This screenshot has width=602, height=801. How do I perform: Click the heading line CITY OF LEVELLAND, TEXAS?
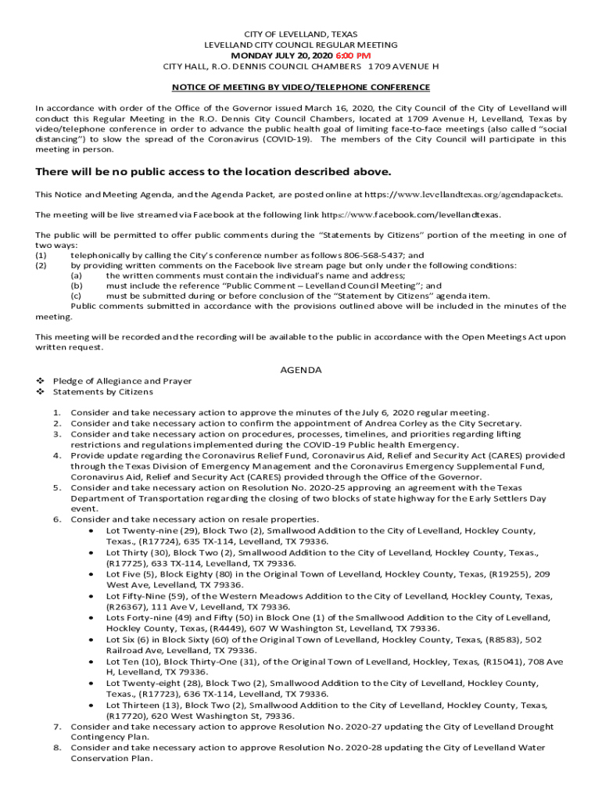(301, 35)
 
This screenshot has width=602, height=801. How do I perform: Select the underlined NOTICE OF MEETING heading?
(301, 87)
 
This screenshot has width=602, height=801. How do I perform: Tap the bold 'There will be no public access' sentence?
(213, 172)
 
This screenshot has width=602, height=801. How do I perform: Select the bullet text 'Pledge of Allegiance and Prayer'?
(122, 381)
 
